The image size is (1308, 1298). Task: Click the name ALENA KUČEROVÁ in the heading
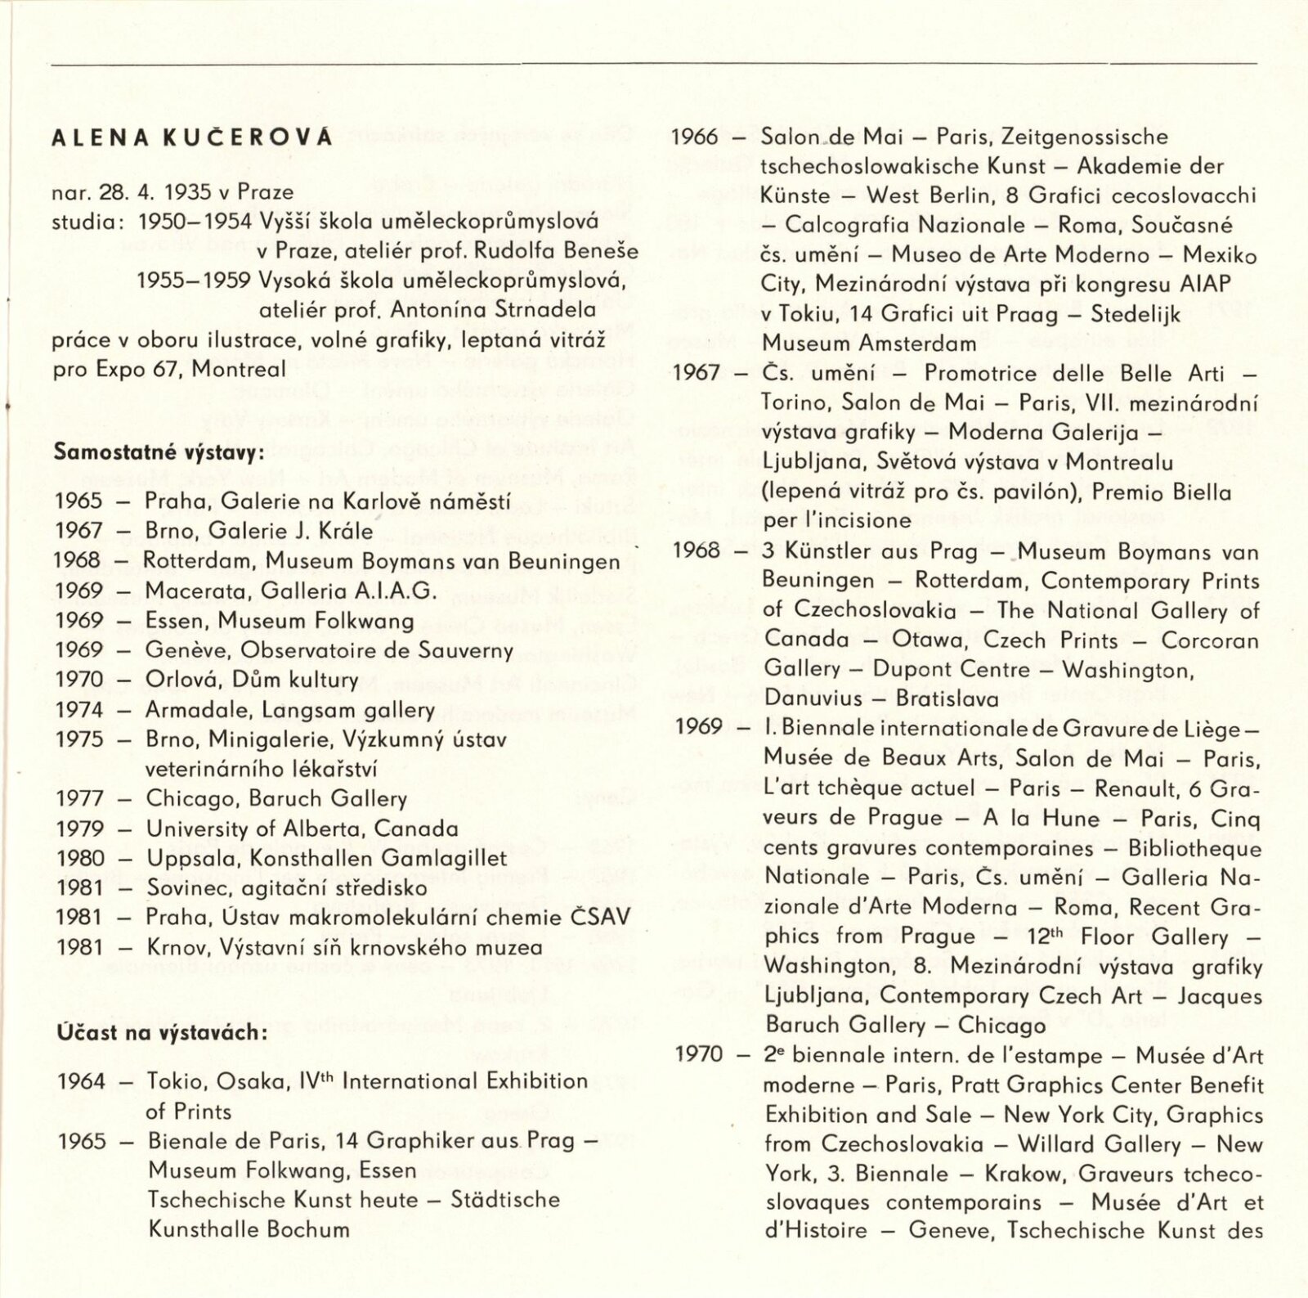(x=192, y=137)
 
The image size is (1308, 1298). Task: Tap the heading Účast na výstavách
(x=163, y=1032)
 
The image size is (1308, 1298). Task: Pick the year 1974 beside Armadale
(x=79, y=710)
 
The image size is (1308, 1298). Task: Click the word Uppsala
(x=181, y=859)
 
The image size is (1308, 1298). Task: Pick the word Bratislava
(x=947, y=699)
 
